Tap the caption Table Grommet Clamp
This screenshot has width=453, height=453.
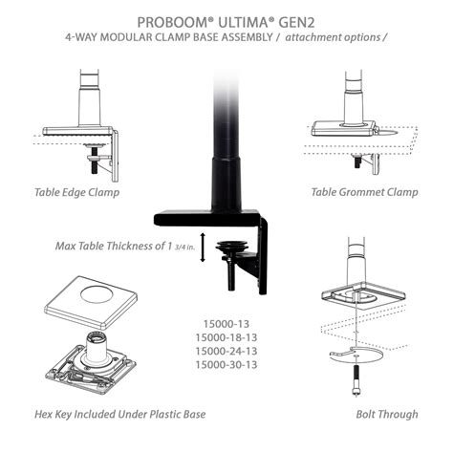point(364,192)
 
